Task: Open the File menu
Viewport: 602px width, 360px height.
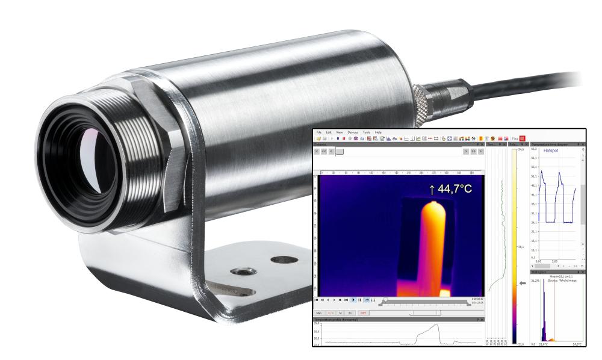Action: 319,132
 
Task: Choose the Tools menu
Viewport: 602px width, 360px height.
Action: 367,132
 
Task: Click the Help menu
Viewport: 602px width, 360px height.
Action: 378,132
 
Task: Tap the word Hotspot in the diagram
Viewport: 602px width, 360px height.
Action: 551,151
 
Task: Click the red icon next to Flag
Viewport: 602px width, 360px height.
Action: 523,138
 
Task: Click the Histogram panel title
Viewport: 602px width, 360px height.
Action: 540,272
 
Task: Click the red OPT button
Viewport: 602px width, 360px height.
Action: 363,312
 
